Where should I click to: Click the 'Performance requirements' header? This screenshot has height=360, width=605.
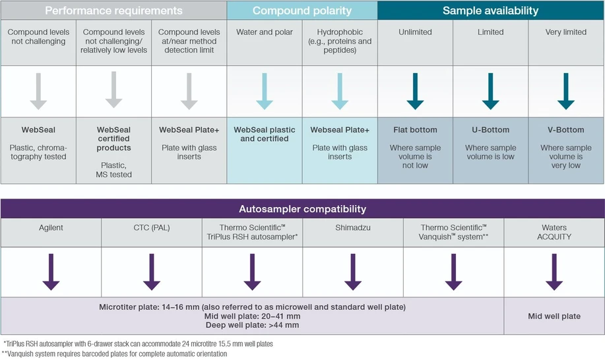click(113, 11)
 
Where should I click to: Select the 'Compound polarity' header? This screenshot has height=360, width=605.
click(302, 11)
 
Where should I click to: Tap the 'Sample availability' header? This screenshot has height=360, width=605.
click(490, 11)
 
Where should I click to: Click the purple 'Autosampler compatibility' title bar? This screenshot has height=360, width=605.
click(302, 209)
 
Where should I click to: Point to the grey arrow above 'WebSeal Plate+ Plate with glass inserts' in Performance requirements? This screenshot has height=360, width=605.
click(189, 91)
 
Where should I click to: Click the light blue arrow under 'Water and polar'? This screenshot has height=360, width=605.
click(264, 91)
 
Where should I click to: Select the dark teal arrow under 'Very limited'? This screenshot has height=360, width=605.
click(565, 91)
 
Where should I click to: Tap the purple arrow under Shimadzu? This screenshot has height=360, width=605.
click(353, 272)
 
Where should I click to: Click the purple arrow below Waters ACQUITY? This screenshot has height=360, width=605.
click(554, 272)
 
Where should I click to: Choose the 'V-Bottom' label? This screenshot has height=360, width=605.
click(566, 130)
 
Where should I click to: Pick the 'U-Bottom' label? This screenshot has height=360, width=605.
click(490, 130)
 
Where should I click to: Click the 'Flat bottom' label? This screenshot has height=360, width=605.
click(415, 130)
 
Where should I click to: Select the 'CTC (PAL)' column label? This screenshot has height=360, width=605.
click(151, 227)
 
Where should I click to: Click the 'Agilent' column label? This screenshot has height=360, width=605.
click(51, 227)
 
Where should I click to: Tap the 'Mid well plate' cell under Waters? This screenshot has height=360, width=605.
click(554, 316)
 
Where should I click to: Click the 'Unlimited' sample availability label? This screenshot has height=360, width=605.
click(415, 32)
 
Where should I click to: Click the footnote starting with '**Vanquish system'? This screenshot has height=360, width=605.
click(115, 354)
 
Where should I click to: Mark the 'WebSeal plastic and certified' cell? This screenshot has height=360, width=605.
click(265, 134)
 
